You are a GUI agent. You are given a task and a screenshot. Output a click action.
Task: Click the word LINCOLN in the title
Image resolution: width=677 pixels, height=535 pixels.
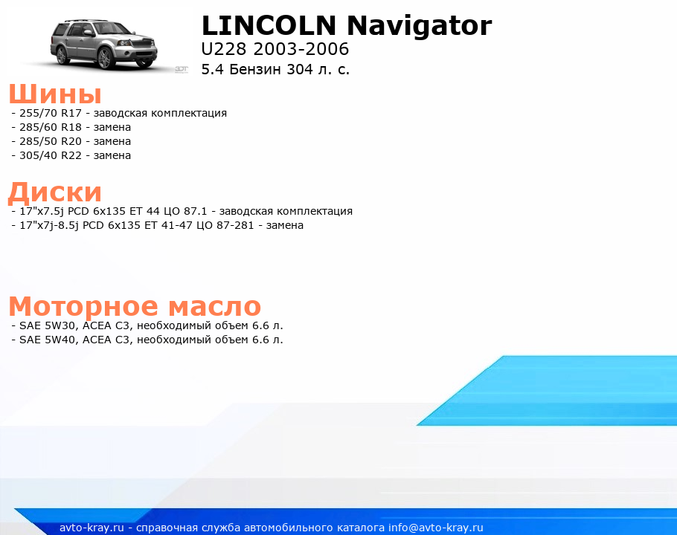tap(269, 25)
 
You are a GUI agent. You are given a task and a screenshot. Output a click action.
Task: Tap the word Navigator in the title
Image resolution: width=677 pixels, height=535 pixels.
tap(420, 27)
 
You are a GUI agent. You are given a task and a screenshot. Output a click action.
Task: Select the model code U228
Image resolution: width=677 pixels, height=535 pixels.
tap(224, 49)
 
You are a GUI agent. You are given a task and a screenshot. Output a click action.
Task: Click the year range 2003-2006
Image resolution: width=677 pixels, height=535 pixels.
tap(301, 49)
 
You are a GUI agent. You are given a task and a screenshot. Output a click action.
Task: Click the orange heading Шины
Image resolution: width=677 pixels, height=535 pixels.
tap(55, 93)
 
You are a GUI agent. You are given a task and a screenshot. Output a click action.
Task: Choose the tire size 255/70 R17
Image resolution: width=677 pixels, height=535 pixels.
tap(51, 113)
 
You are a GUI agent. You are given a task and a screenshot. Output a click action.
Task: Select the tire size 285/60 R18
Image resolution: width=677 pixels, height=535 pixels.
tap(51, 127)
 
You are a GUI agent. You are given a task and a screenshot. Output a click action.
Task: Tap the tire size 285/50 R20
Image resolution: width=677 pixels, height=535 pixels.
tap(51, 141)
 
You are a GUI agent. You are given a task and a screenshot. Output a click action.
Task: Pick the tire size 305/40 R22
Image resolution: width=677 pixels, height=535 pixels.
tap(51, 155)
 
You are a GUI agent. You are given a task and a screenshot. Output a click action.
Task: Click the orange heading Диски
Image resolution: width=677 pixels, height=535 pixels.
tap(55, 192)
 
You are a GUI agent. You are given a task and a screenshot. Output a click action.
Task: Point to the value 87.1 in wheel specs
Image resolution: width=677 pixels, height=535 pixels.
tap(196, 211)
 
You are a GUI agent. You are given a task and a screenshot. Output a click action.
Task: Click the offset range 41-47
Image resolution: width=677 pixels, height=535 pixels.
tap(176, 225)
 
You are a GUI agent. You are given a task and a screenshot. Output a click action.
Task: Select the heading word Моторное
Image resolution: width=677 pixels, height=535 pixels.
tap(83, 306)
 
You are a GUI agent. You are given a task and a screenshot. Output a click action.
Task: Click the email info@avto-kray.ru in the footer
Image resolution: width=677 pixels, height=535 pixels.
tap(436, 528)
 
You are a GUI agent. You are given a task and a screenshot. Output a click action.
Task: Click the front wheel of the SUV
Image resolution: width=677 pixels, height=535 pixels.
tap(105, 59)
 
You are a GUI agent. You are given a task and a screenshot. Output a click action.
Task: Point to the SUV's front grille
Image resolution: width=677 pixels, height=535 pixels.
tap(144, 44)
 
